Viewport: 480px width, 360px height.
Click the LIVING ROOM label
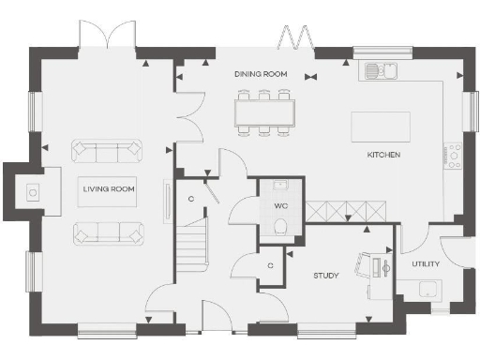(x=109, y=189)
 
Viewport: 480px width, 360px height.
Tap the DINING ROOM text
(x=261, y=73)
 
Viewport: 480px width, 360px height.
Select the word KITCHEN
(x=384, y=153)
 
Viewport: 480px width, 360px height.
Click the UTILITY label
(x=426, y=263)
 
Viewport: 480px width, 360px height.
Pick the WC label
(x=280, y=204)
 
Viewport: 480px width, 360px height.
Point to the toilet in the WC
(x=280, y=225)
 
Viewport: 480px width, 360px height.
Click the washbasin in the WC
(x=280, y=185)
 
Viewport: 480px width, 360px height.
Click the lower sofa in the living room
(x=108, y=231)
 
